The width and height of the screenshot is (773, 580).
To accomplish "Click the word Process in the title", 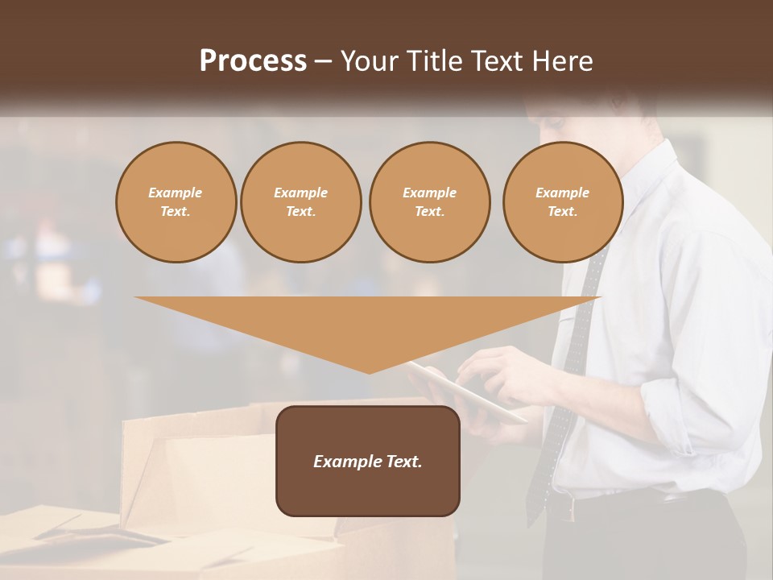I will (x=253, y=61).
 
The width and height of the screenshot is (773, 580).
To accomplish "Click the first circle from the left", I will (x=176, y=202).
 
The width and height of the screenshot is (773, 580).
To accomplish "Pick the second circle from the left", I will (x=300, y=202).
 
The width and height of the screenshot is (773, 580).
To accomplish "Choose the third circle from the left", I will (x=429, y=202).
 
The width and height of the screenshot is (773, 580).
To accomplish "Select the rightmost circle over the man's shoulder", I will (x=562, y=202).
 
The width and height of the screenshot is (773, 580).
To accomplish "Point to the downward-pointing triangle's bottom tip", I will (x=369, y=371).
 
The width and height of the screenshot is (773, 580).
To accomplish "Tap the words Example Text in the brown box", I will (x=368, y=462).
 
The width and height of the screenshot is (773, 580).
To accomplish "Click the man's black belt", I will (x=676, y=497).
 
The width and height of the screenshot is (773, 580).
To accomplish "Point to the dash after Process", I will (x=324, y=61).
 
